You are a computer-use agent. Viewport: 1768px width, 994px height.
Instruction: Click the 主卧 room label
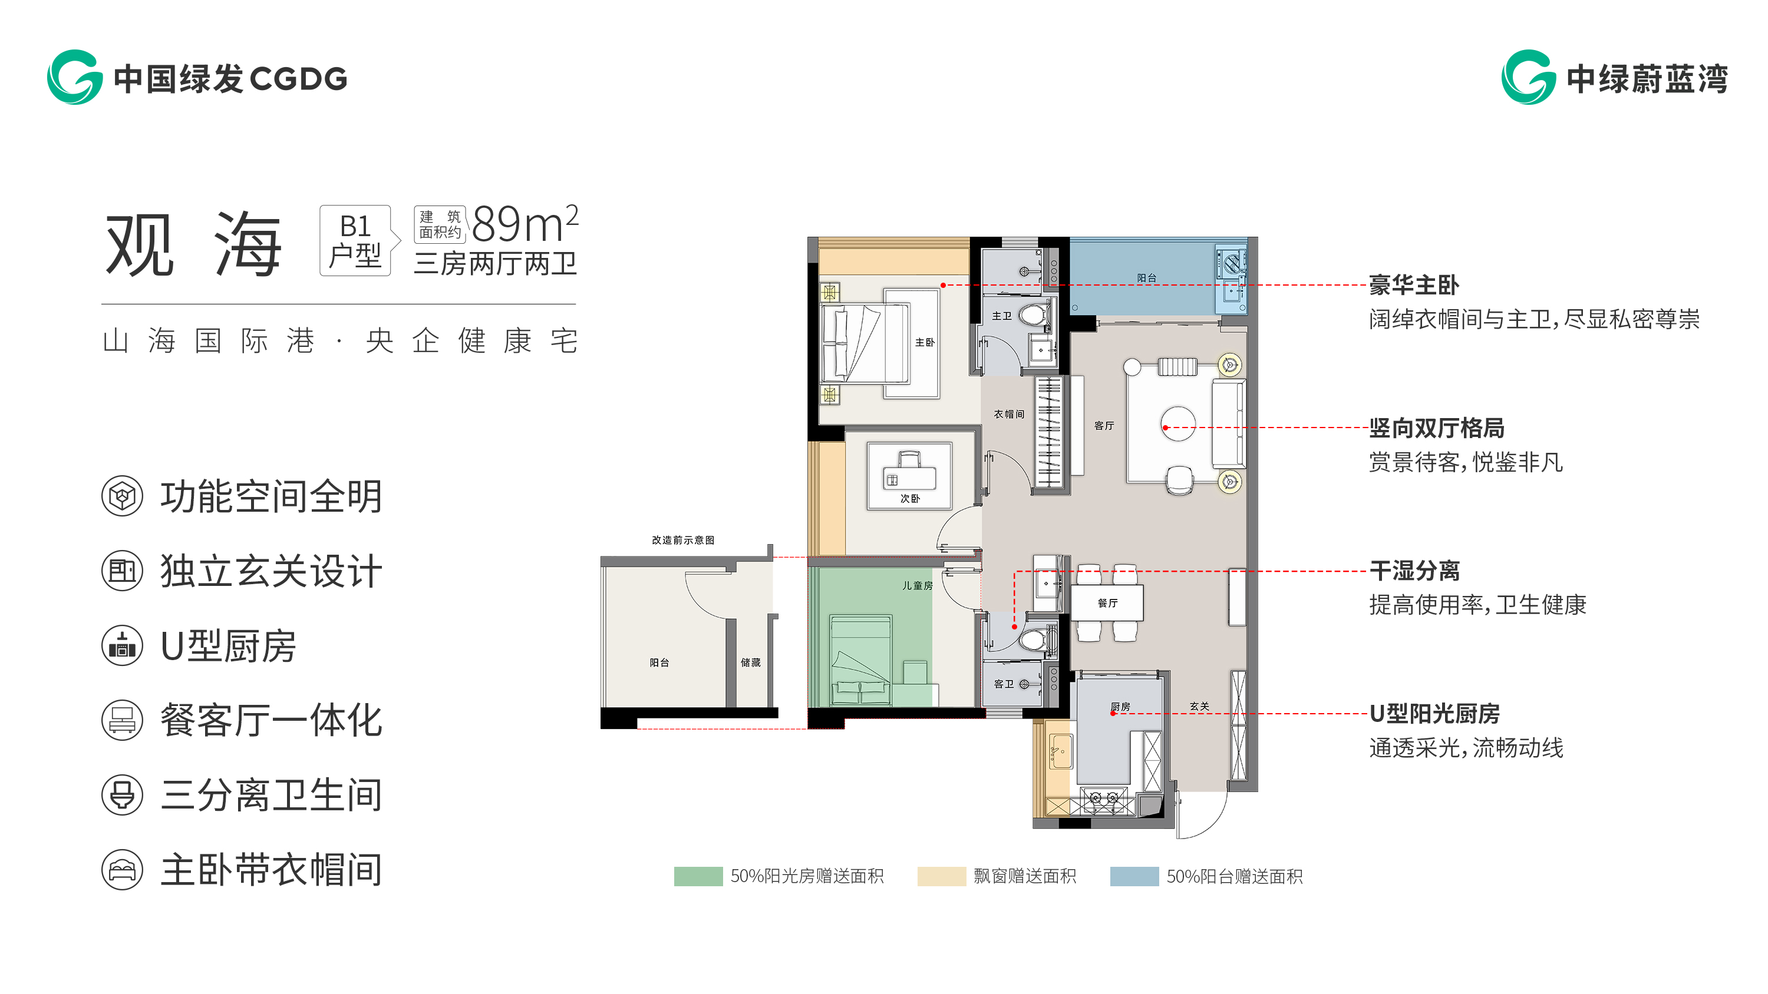pyautogui.click(x=925, y=342)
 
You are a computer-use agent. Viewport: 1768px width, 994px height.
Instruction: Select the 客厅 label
pyautogui.click(x=1104, y=425)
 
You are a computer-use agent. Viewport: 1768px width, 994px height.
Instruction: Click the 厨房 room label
pyautogui.click(x=1120, y=706)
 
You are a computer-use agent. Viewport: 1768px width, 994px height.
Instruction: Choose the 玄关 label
pyautogui.click(x=1199, y=706)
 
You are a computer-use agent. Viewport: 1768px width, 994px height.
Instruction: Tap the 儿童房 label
pyautogui.click(x=917, y=585)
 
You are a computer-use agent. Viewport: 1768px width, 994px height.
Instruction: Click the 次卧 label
pyautogui.click(x=910, y=498)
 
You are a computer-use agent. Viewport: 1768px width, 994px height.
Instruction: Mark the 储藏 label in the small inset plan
pyautogui.click(x=750, y=662)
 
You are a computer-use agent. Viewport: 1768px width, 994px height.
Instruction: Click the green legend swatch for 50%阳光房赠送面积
pyautogui.click(x=698, y=876)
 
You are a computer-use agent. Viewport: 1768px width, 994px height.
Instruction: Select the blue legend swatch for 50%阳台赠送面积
pyautogui.click(x=1134, y=876)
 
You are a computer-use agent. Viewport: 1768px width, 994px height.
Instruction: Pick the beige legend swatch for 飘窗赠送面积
pyautogui.click(x=942, y=876)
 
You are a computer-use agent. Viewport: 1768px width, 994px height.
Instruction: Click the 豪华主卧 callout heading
pyautogui.click(x=1414, y=284)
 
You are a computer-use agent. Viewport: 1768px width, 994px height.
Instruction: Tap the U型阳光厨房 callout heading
pyautogui.click(x=1434, y=714)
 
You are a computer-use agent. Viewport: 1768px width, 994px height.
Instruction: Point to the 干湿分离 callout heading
pyautogui.click(x=1414, y=570)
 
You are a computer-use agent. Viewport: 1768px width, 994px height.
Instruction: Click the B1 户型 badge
pyautogui.click(x=355, y=240)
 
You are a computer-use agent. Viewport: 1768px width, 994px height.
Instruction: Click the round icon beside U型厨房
pyautogui.click(x=122, y=645)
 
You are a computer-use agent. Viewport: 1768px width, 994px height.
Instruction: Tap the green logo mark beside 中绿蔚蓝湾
pyautogui.click(x=1529, y=77)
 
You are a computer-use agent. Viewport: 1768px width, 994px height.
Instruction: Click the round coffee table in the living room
pyautogui.click(x=1177, y=423)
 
